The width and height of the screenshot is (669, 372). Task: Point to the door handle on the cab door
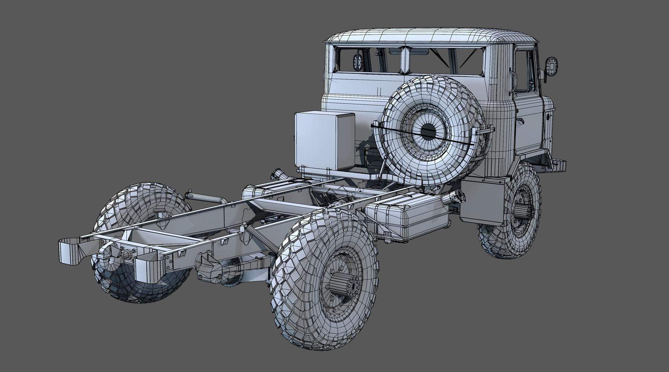[523, 121]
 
